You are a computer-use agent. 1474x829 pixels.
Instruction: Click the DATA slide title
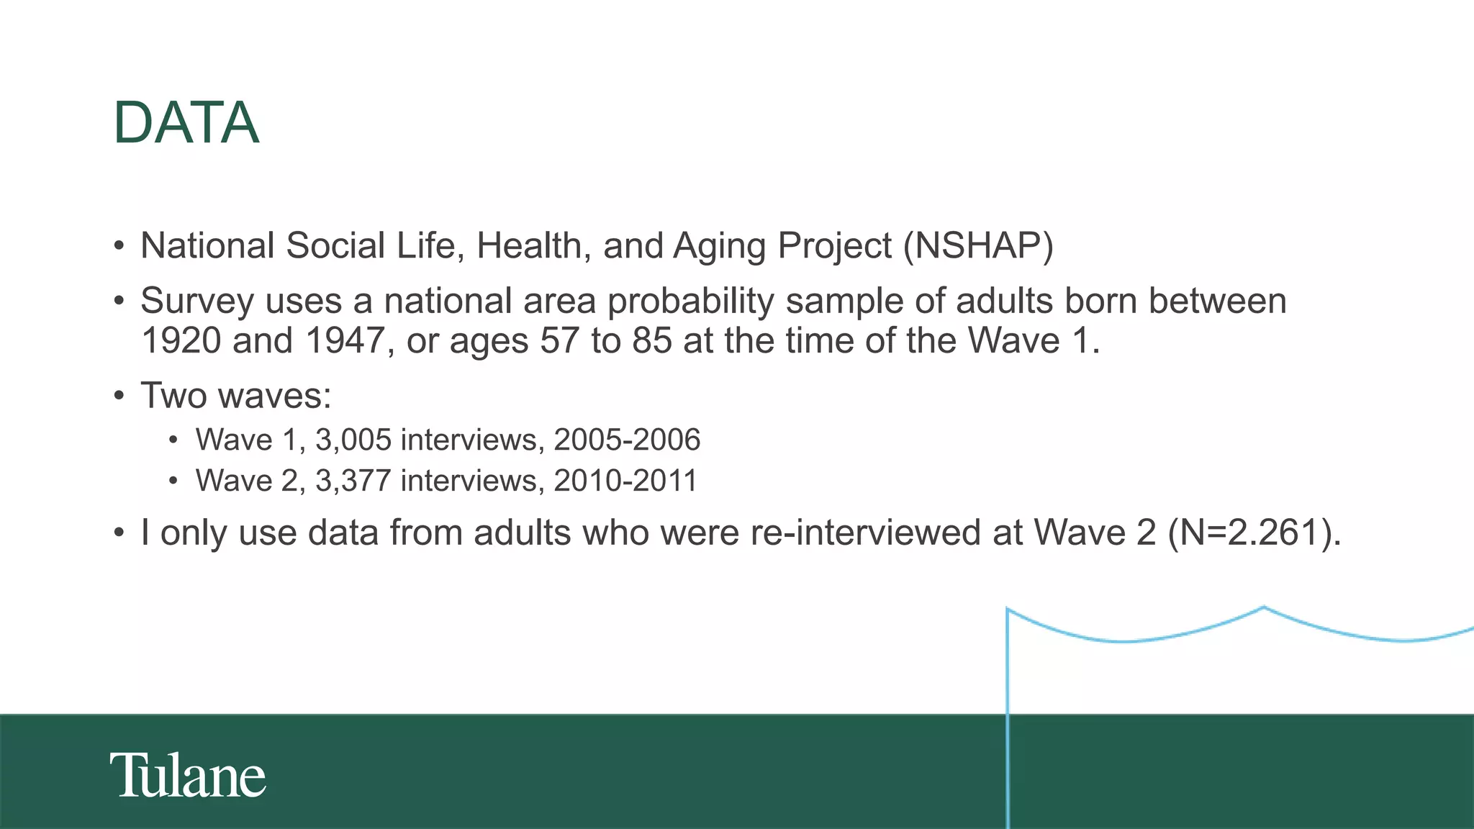186,123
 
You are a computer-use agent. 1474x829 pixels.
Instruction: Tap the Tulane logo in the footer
188,776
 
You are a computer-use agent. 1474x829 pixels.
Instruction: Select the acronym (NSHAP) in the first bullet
978,246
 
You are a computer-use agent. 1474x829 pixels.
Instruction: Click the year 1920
181,340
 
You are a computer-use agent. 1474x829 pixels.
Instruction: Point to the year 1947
345,340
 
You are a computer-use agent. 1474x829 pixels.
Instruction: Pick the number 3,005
353,440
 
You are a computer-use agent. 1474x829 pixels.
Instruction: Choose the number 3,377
353,481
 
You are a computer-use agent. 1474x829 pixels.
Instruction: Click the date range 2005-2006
627,440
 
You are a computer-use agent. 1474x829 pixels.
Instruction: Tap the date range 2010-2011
625,481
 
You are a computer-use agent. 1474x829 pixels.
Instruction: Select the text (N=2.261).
1254,533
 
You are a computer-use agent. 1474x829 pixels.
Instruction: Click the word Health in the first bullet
529,246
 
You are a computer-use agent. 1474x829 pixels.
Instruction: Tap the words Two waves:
236,396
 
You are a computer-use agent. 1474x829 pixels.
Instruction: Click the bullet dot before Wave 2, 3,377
173,481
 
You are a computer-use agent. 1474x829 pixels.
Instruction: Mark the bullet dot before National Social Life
119,247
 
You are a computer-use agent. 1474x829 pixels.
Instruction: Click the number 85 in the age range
652,340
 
